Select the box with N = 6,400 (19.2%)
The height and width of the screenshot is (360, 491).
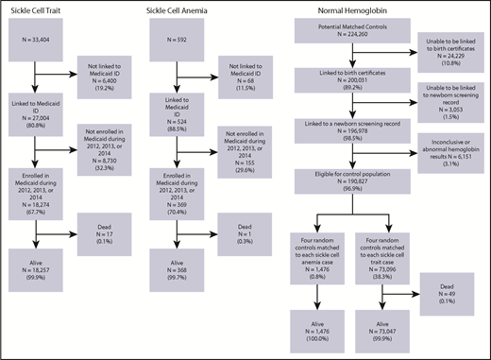coord(110,78)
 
